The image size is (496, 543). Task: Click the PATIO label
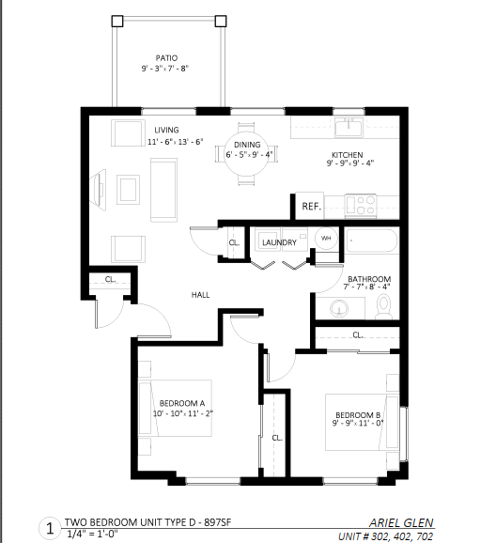pyautogui.click(x=166, y=58)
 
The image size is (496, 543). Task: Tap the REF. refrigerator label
pyautogui.click(x=311, y=207)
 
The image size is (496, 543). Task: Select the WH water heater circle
pyautogui.click(x=326, y=238)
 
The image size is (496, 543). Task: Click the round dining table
pyautogui.click(x=247, y=154)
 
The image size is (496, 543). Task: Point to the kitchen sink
pyautogui.click(x=349, y=127)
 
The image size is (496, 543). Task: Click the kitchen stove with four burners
pyautogui.click(x=361, y=206)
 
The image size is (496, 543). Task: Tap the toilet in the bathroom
pyautogui.click(x=384, y=306)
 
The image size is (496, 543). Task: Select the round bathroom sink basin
pyautogui.click(x=339, y=308)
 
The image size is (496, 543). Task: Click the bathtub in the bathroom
pyautogui.click(x=372, y=240)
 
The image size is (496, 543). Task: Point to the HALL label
pyautogui.click(x=200, y=295)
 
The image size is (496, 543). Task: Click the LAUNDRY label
pyautogui.click(x=279, y=242)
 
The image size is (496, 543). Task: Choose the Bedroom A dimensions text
pyautogui.click(x=183, y=413)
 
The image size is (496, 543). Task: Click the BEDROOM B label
pyautogui.click(x=358, y=415)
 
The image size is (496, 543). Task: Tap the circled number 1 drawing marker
pyautogui.click(x=50, y=529)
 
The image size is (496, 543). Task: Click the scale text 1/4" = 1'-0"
pyautogui.click(x=92, y=534)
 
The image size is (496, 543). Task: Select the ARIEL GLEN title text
pyautogui.click(x=401, y=522)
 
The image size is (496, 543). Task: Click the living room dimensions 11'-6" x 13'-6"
pyautogui.click(x=176, y=142)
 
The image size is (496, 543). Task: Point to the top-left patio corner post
pyautogui.click(x=117, y=21)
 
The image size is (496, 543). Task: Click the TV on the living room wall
pyautogui.click(x=99, y=190)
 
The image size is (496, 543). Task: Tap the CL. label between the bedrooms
pyautogui.click(x=277, y=438)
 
